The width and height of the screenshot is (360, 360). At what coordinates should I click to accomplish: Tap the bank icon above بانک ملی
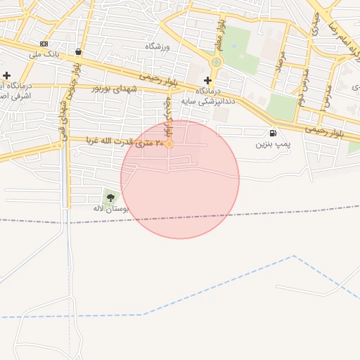44,44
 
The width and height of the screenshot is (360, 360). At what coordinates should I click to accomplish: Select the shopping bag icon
77,51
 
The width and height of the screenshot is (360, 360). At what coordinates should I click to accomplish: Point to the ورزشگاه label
158,46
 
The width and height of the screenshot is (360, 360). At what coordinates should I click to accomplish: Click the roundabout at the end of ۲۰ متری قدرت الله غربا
169,143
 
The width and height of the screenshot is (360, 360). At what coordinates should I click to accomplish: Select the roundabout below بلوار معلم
216,62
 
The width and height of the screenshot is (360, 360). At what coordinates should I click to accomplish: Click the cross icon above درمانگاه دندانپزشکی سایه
207,80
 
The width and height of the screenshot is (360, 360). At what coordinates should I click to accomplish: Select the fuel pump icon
272,133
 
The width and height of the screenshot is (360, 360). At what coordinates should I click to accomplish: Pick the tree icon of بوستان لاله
110,198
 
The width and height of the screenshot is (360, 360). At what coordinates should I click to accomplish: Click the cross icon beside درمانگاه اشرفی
6,75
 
